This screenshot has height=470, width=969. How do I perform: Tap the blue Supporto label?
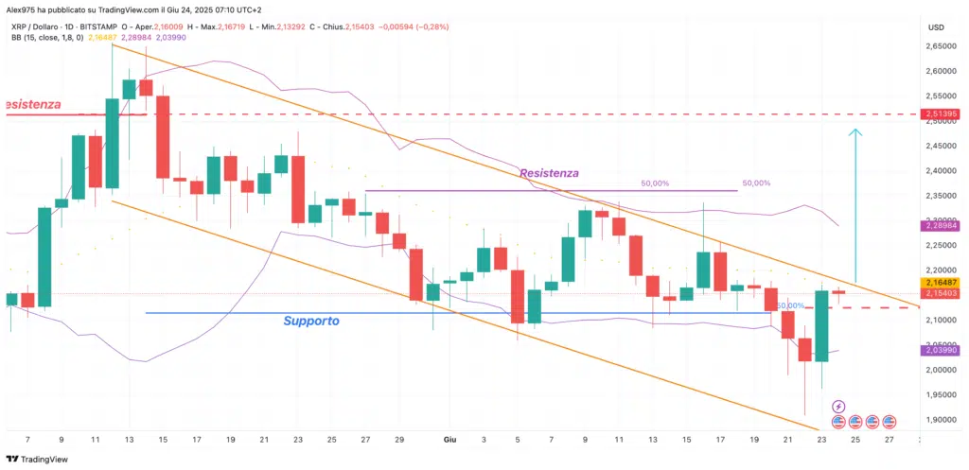(x=311, y=322)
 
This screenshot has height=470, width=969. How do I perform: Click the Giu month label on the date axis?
(x=451, y=440)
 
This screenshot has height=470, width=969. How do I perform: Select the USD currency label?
(x=938, y=26)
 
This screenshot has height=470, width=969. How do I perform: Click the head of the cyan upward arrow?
(x=855, y=132)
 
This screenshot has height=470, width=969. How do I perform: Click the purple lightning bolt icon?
(x=837, y=406)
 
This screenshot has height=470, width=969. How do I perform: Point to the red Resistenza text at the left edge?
(x=34, y=102)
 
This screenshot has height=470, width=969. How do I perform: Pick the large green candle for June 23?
(x=821, y=326)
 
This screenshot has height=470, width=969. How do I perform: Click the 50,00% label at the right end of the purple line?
(x=756, y=183)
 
